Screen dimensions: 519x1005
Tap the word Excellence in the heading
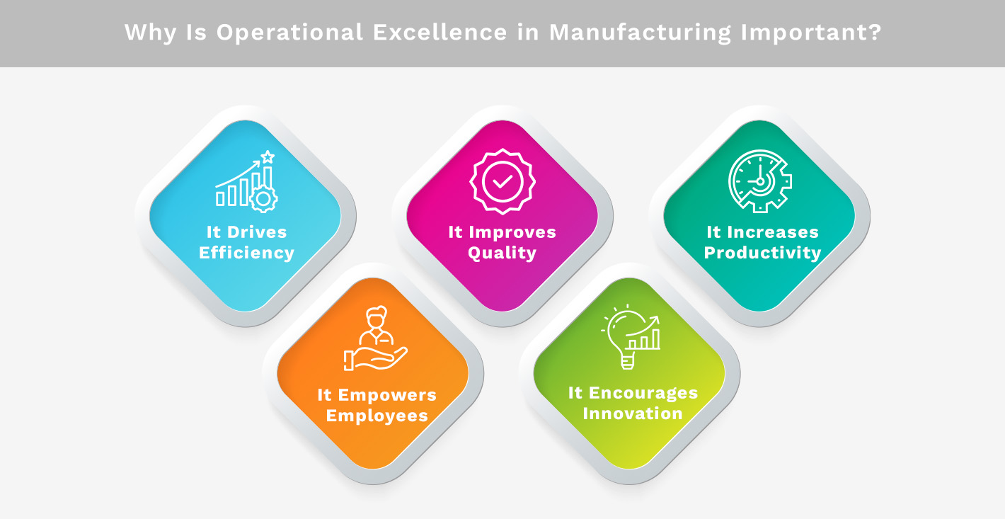[x=448, y=33]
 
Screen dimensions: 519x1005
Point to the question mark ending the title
[x=875, y=33]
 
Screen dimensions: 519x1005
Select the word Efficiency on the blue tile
[x=246, y=253]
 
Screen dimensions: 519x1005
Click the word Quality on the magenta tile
[x=502, y=253]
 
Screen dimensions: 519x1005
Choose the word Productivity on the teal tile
[x=762, y=253]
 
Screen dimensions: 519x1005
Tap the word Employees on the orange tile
[x=377, y=416]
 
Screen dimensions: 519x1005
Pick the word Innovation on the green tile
[x=633, y=414]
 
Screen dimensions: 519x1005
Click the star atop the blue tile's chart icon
[x=267, y=156]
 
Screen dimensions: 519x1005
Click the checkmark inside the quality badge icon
[x=502, y=181]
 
